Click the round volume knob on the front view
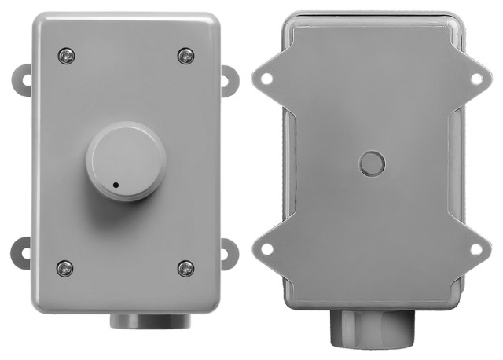click(126, 160)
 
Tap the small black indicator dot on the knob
click(116, 186)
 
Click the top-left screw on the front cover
click(66, 56)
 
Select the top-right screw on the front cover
click(185, 56)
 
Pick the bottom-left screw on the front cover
click(66, 267)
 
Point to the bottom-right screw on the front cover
click(185, 267)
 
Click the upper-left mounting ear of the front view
click(20, 79)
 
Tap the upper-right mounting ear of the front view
click(229, 79)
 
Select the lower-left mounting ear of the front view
click(20, 253)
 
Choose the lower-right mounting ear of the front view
click(229, 253)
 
